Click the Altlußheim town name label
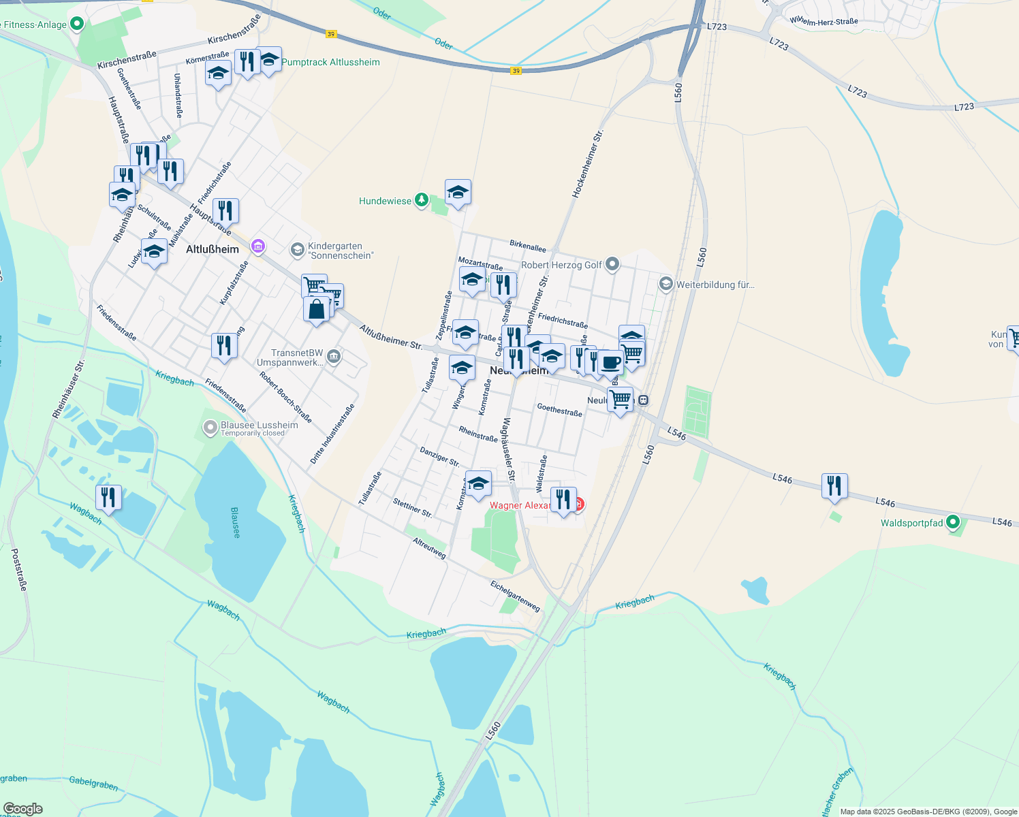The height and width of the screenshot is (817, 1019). pyautogui.click(x=213, y=249)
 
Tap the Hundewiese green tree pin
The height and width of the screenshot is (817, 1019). pyautogui.click(x=422, y=199)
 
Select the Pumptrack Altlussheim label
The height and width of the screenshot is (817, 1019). pyautogui.click(x=330, y=62)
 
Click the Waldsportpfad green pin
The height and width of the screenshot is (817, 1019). pyautogui.click(x=952, y=523)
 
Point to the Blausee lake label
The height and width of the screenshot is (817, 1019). pyautogui.click(x=235, y=522)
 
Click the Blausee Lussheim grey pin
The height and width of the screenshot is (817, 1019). pyautogui.click(x=210, y=428)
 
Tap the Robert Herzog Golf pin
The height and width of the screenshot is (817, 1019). pyautogui.click(x=612, y=264)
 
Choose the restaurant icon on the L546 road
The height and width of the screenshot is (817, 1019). pyautogui.click(x=834, y=486)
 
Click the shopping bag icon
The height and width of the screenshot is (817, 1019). pyautogui.click(x=317, y=310)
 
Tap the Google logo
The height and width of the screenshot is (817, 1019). pyautogui.click(x=22, y=809)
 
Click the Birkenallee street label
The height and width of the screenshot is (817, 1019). pyautogui.click(x=528, y=246)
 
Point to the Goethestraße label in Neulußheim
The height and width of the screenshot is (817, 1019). pyautogui.click(x=559, y=409)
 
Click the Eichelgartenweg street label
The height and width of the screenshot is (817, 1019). pyautogui.click(x=515, y=596)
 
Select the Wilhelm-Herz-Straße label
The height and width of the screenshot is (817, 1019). pyautogui.click(x=824, y=21)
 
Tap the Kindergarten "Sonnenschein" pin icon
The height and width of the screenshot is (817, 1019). pyautogui.click(x=297, y=250)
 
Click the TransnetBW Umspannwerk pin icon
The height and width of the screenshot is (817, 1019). pyautogui.click(x=334, y=356)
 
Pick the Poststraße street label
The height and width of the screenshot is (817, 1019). pyautogui.click(x=20, y=570)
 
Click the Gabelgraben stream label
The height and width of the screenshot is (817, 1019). pyautogui.click(x=93, y=783)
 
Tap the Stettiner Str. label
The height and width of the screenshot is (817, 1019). pyautogui.click(x=412, y=508)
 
